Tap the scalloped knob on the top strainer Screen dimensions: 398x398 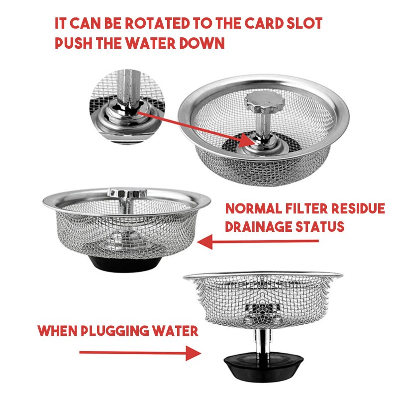264,101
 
